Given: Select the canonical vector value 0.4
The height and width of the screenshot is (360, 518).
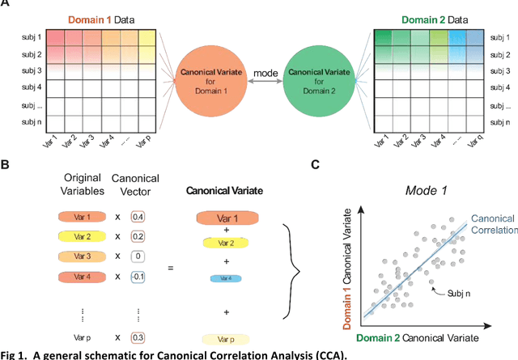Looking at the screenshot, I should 138,217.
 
